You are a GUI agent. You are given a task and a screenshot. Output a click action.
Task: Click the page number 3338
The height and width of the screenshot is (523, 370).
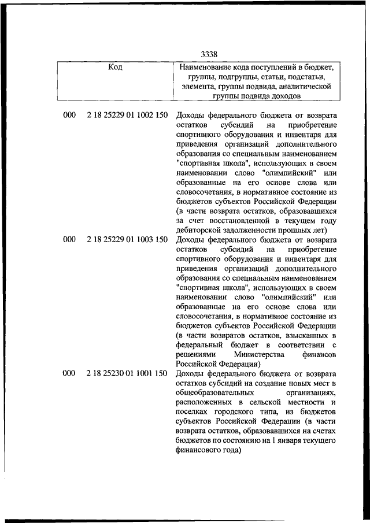pos(209,55)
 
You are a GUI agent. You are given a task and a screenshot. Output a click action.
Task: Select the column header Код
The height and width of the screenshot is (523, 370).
pos(116,67)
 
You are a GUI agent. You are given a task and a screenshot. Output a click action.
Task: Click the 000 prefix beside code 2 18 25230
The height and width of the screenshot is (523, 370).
pos(69,373)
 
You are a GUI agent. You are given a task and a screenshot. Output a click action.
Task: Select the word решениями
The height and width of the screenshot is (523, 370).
pos(194,354)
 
